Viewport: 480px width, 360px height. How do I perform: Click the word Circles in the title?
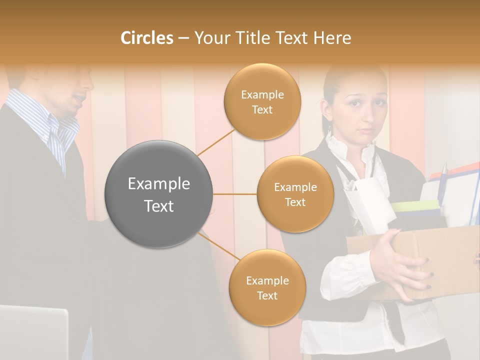point(146,38)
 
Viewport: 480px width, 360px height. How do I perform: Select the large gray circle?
point(159,194)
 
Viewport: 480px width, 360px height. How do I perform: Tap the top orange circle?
point(262,101)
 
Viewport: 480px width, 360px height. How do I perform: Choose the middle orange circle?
point(295,194)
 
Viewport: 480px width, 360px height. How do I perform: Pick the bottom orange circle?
point(267,287)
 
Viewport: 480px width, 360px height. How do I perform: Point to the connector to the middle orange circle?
point(235,194)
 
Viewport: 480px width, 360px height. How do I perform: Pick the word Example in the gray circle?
point(159,184)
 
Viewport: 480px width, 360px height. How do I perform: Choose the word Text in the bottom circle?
point(267,295)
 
